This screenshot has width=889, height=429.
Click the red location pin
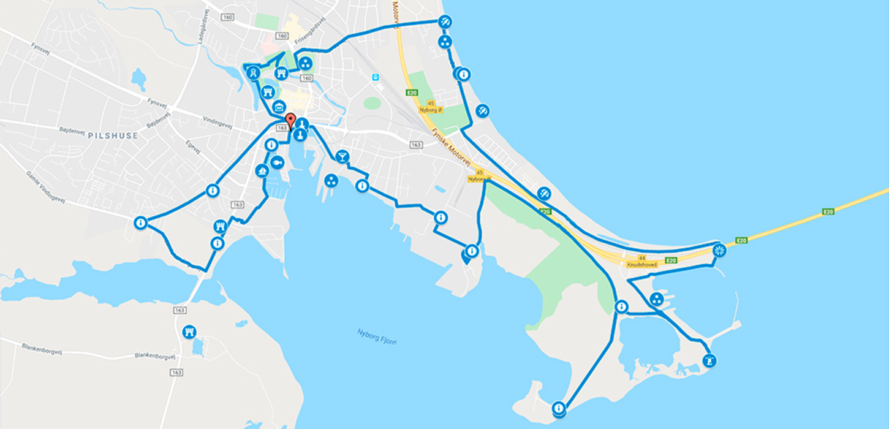(x=290, y=120)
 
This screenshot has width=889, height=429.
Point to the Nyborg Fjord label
(x=377, y=336)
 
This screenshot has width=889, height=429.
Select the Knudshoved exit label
(x=641, y=265)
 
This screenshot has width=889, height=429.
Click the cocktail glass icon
(x=342, y=157)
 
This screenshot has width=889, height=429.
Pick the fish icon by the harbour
(x=277, y=162)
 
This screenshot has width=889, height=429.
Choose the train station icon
(x=374, y=77)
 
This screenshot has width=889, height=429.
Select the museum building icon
(x=279, y=106)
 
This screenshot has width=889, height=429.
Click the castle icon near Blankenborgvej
(x=189, y=332)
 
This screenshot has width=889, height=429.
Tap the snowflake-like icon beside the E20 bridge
(x=719, y=250)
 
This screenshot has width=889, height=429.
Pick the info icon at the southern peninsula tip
(x=558, y=408)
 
